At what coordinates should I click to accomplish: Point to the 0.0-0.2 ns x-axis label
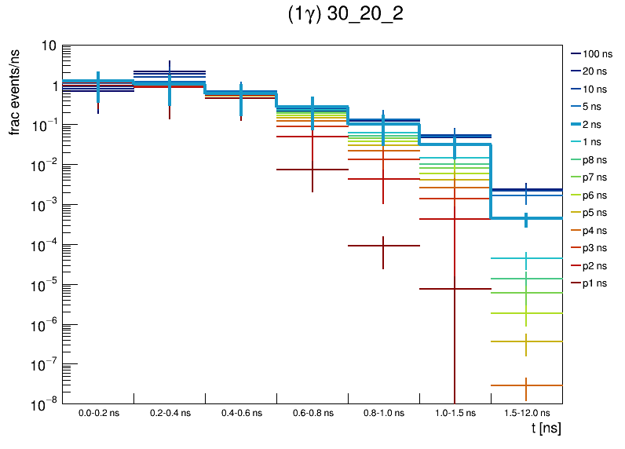(x=97, y=413)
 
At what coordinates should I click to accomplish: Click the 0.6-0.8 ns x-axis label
(x=312, y=413)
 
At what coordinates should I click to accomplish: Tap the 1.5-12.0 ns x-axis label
(x=526, y=413)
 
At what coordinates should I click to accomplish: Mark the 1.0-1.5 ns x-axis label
(x=455, y=413)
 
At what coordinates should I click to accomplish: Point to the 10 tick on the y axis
(x=48, y=46)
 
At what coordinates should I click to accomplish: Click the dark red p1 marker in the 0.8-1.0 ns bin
(x=383, y=246)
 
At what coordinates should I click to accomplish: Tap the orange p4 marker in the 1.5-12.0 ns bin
(x=526, y=385)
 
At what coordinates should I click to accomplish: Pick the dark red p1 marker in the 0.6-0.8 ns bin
(x=312, y=170)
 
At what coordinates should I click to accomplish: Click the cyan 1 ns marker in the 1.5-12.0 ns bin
(x=526, y=258)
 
